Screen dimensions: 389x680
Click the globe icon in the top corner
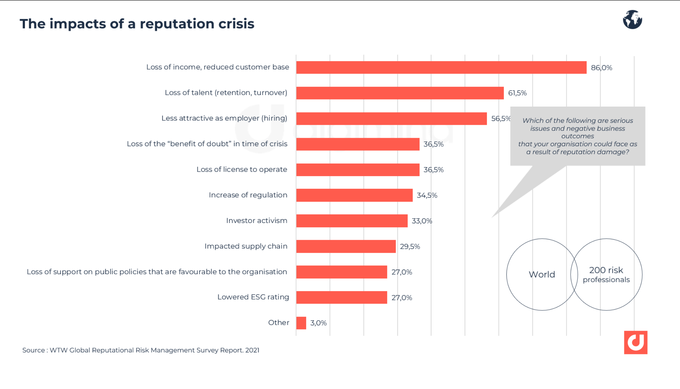(632, 20)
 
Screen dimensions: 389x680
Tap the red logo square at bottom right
(635, 342)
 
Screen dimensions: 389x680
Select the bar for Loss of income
(441, 68)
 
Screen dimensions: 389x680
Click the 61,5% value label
(517, 93)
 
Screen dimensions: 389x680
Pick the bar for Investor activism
(352, 221)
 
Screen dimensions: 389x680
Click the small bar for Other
(301, 323)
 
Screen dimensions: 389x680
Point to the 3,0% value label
(318, 323)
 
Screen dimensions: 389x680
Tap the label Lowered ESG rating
(253, 297)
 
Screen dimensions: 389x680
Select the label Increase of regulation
(248, 195)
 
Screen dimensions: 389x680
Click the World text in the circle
(542, 274)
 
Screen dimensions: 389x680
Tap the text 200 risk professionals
(606, 275)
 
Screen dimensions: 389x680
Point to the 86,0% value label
(601, 68)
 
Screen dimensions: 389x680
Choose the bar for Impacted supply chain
(346, 246)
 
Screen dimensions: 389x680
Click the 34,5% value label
(427, 195)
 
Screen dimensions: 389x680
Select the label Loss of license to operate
(242, 170)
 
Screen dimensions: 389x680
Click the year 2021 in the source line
(252, 350)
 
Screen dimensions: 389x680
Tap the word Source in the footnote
(33, 350)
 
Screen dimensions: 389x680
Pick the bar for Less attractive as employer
(391, 119)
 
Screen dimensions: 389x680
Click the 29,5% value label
(410, 246)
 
